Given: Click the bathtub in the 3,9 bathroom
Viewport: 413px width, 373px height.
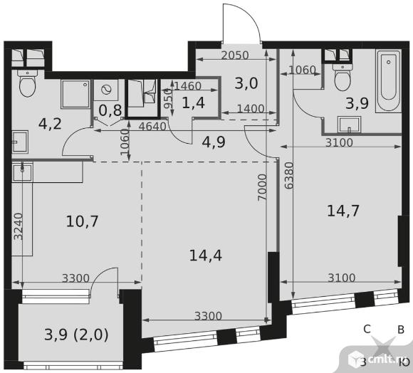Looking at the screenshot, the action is tap(389, 82).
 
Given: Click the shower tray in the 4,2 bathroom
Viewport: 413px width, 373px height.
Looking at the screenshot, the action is tap(75, 94).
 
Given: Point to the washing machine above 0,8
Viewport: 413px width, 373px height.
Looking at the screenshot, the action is tap(106, 90).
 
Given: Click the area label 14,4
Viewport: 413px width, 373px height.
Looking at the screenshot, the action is tap(206, 256).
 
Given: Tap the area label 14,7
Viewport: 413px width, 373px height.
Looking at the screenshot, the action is tap(343, 211).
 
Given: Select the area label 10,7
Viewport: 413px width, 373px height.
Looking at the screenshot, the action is tap(82, 221).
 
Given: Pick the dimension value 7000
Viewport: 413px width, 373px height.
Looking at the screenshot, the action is tap(263, 187).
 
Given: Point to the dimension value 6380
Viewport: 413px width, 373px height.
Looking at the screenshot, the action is tap(289, 175).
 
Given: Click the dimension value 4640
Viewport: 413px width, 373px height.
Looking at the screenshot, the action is tap(152, 127).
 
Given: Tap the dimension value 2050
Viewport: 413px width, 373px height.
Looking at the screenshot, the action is tap(235, 56).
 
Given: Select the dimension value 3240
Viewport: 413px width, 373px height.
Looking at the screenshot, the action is tap(19, 226).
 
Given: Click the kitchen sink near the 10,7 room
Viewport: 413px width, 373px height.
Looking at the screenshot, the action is tap(22, 172).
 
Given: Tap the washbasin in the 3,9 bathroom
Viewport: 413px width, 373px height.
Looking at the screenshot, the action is tap(349, 125).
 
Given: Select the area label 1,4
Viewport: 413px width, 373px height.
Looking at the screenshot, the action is tap(194, 103).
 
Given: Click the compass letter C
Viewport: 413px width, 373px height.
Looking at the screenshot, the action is tap(367, 329).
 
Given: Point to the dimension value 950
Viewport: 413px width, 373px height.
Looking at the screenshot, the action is tap(167, 98).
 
